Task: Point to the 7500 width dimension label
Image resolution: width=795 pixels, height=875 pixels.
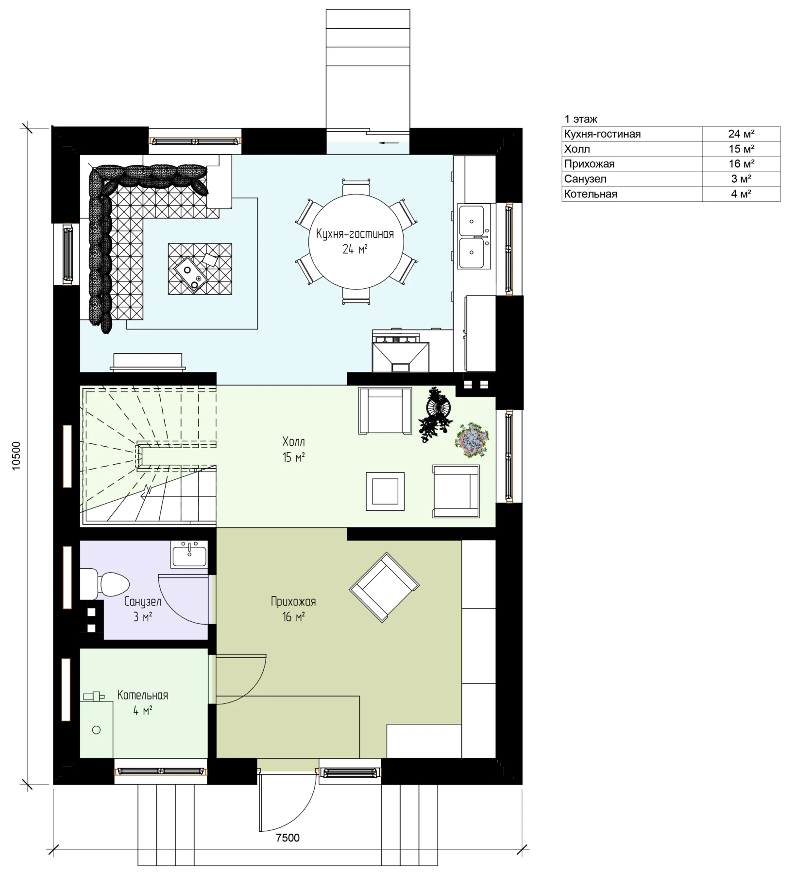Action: [288, 838]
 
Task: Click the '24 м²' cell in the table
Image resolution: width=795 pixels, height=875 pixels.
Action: [741, 134]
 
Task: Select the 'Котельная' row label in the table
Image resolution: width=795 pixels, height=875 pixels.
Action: [591, 194]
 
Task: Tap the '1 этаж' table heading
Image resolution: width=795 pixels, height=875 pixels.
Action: [581, 119]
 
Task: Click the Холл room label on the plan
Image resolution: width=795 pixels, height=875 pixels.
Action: [294, 442]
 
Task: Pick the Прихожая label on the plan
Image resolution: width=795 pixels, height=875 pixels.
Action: [293, 601]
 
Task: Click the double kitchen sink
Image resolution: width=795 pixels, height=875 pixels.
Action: [474, 237]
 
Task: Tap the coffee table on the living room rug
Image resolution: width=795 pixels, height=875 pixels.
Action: [200, 268]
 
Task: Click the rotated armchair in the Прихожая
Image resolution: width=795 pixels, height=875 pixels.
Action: [384, 587]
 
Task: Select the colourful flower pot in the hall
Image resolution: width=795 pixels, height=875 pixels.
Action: [472, 440]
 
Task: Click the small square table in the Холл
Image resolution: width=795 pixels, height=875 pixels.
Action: [386, 491]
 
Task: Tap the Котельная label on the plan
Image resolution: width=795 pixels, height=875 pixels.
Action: [143, 695]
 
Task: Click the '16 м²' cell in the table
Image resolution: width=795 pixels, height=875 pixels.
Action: [741, 164]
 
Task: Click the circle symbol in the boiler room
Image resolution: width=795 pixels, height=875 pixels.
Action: [96, 730]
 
